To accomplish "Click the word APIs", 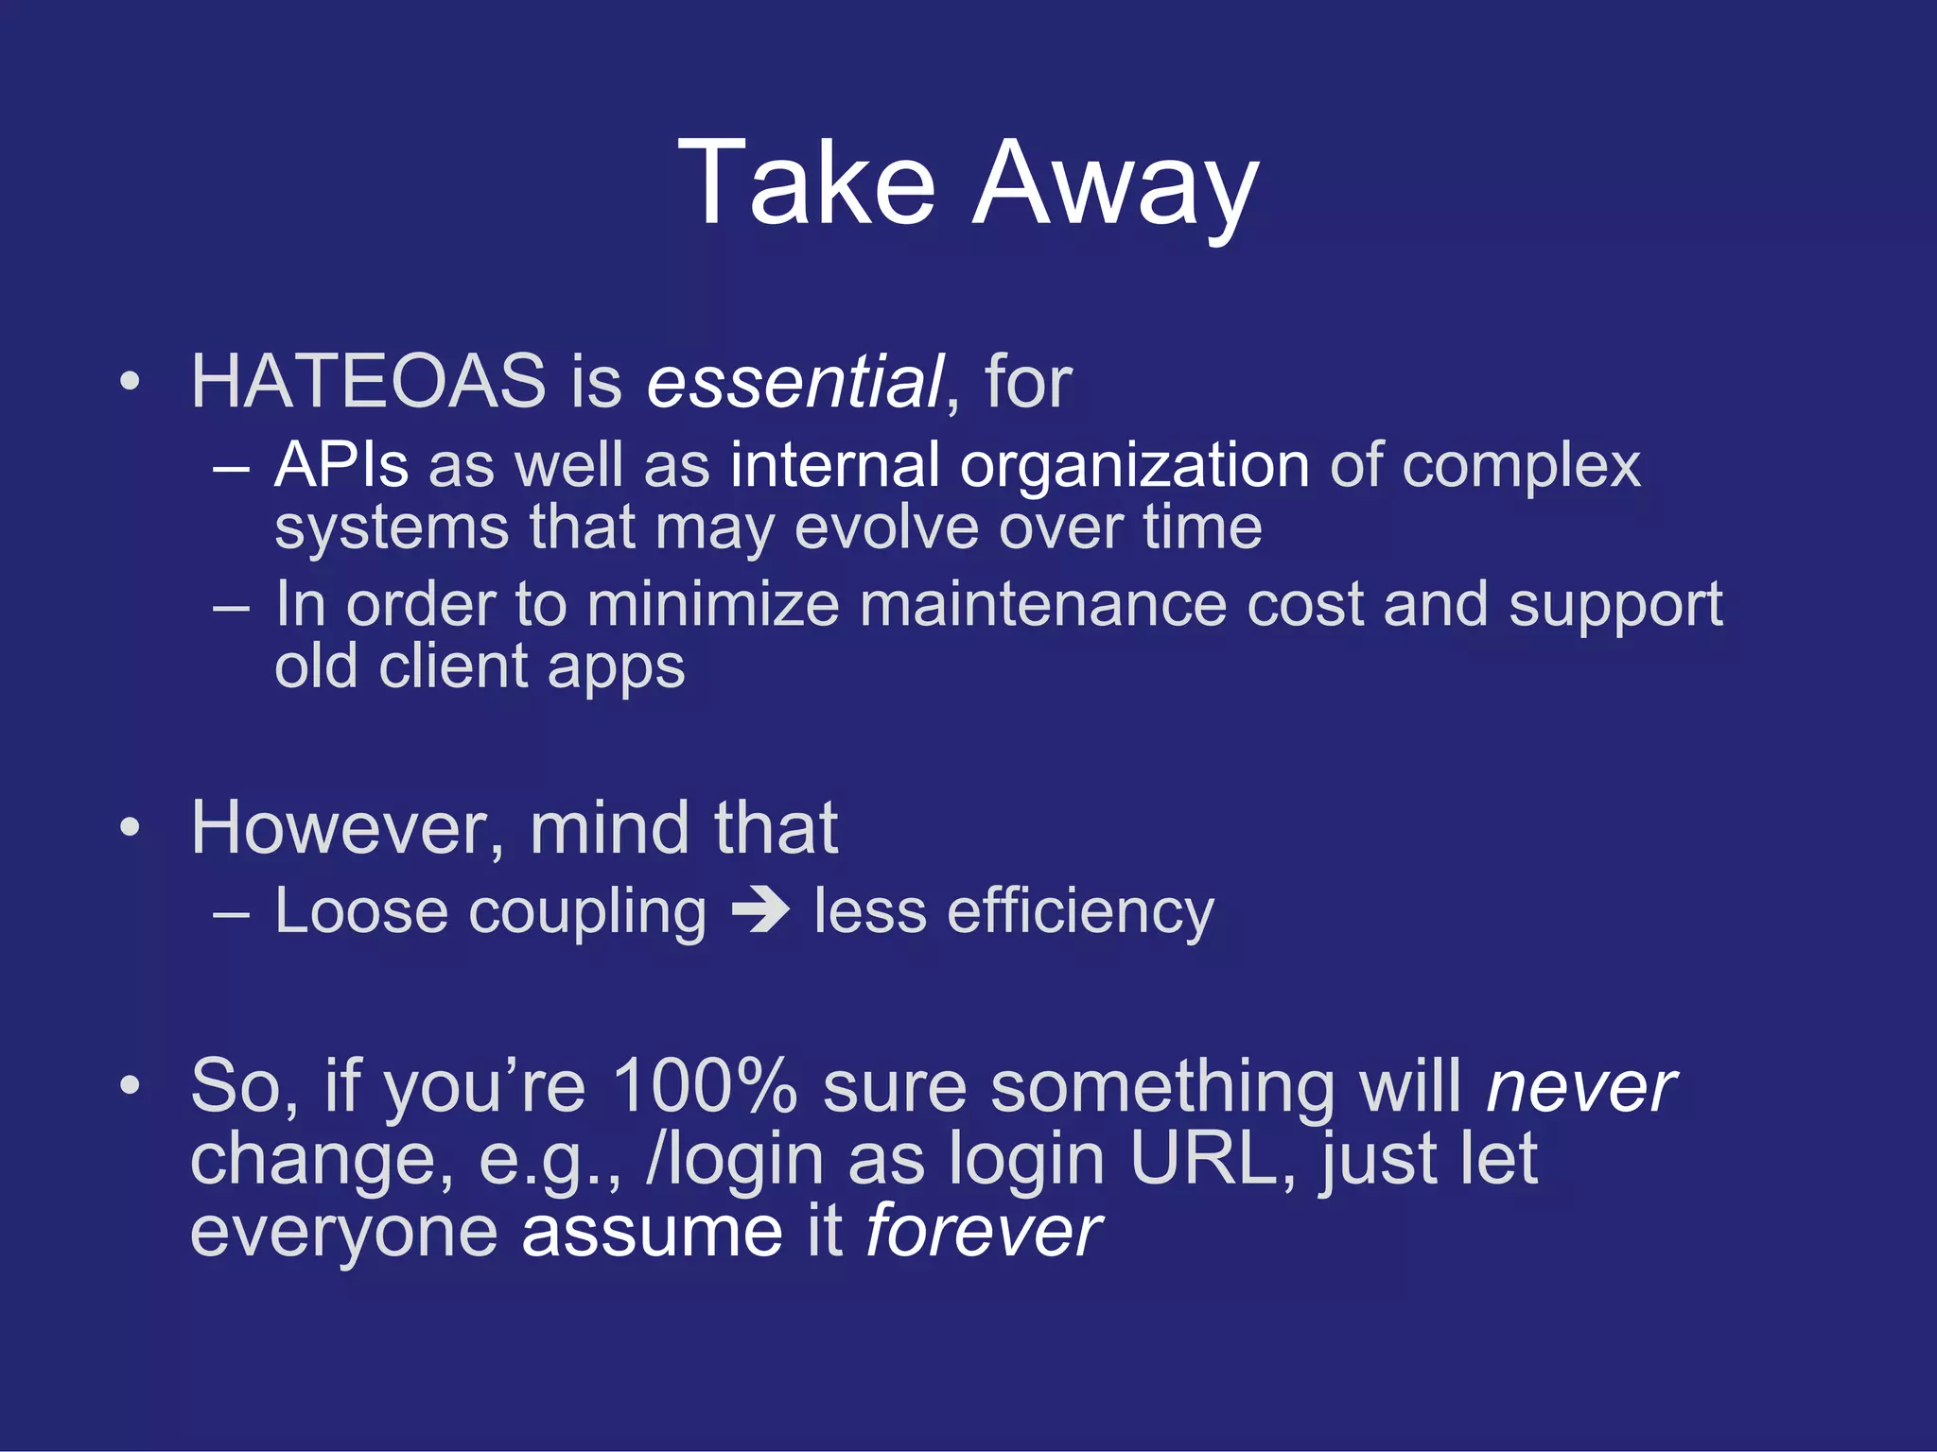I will [341, 465].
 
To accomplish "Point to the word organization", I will [1134, 467].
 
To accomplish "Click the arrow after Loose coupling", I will [760, 911].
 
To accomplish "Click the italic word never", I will [1580, 1087].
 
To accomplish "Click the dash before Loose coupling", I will [232, 914].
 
